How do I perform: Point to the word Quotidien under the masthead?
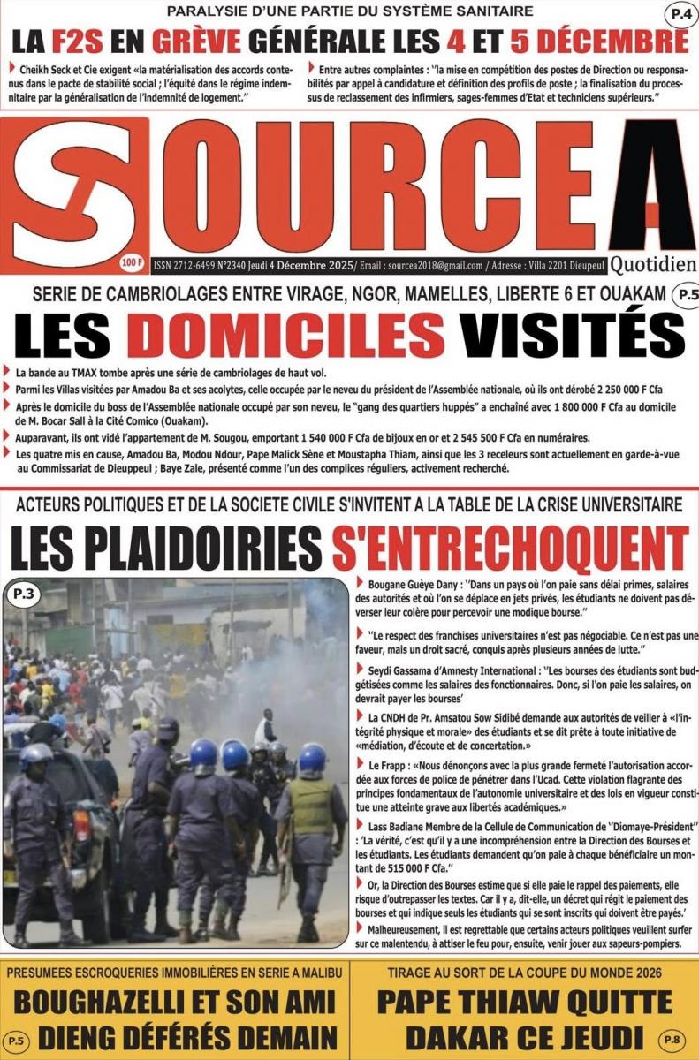tap(652, 263)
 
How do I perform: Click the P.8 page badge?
tap(673, 1039)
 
